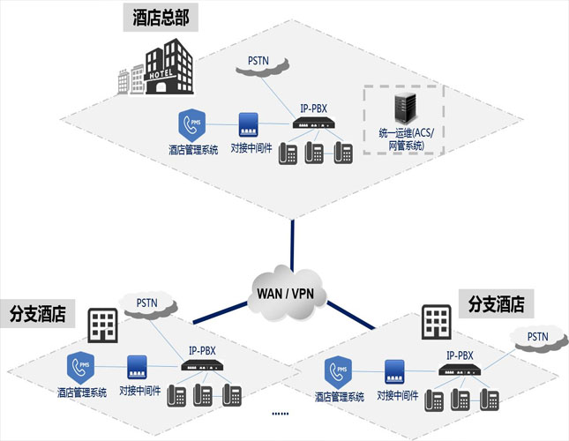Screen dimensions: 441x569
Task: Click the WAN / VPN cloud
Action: (x=285, y=292)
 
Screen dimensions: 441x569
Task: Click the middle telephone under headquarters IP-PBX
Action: (x=314, y=153)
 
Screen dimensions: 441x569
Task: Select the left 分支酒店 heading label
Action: (x=39, y=313)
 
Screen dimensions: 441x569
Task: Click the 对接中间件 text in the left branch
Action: (x=139, y=391)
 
